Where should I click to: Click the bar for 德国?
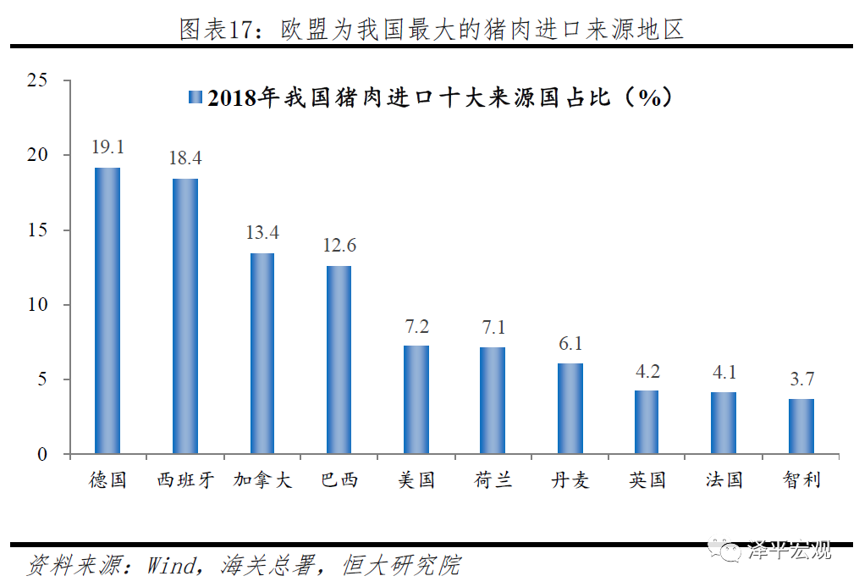(x=107, y=311)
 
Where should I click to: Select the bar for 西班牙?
(x=184, y=316)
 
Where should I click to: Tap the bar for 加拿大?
(x=262, y=353)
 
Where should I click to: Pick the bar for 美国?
(x=416, y=400)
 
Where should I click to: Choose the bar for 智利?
(x=801, y=426)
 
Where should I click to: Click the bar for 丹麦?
(x=570, y=408)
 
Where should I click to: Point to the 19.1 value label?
(x=107, y=147)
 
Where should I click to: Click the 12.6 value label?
(x=339, y=246)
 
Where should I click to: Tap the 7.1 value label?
(x=493, y=327)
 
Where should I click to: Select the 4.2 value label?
(x=647, y=370)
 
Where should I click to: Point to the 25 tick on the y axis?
(x=37, y=81)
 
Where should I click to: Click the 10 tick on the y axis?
(x=37, y=305)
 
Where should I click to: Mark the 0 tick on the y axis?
(x=42, y=455)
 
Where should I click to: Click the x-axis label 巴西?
(x=339, y=480)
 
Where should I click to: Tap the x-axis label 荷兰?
(x=493, y=480)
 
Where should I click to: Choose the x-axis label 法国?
(x=724, y=480)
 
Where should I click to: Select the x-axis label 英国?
(x=647, y=480)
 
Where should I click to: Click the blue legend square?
(x=194, y=98)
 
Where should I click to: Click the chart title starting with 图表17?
(x=431, y=30)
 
